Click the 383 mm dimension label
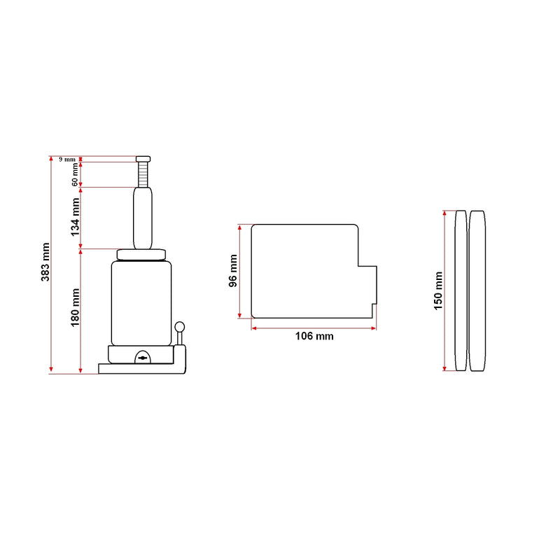coord(45,262)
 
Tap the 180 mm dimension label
coord(75,307)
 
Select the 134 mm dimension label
coord(75,217)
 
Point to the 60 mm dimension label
coord(75,174)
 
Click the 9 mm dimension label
coord(67,160)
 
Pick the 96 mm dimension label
coord(233,271)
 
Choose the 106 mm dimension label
coord(314,336)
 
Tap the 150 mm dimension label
coord(438,290)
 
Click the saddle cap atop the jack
coord(143,159)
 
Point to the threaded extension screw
coord(143,174)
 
